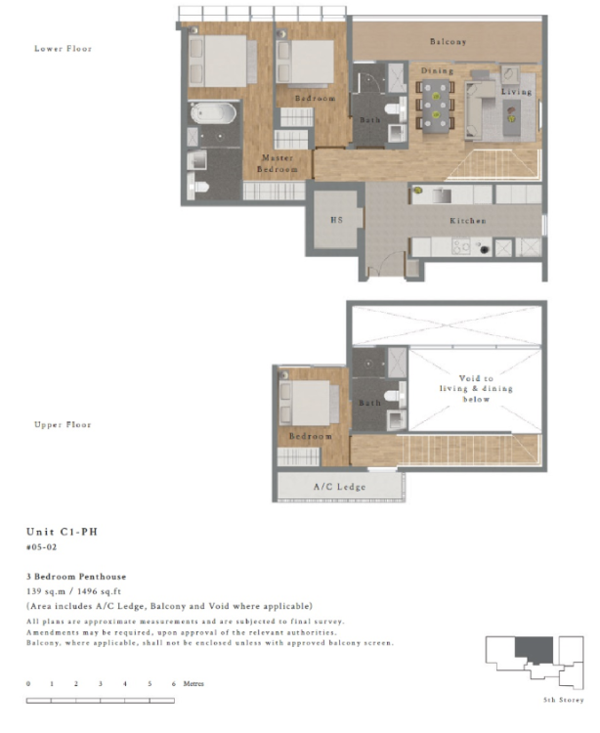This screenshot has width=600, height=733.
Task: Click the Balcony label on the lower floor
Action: pyautogui.click(x=448, y=42)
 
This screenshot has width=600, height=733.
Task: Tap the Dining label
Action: pyautogui.click(x=437, y=71)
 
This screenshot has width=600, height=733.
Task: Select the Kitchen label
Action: pyautogui.click(x=467, y=221)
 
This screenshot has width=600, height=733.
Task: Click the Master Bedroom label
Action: pyautogui.click(x=278, y=163)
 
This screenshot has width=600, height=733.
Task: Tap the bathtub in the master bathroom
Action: pyautogui.click(x=212, y=113)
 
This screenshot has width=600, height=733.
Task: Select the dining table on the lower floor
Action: pyautogui.click(x=436, y=103)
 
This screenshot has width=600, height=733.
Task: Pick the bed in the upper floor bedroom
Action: pyautogui.click(x=309, y=401)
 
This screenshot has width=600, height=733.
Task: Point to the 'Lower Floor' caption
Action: pyautogui.click(x=64, y=48)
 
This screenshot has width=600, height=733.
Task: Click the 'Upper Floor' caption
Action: pyautogui.click(x=64, y=425)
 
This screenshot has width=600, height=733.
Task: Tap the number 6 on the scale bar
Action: pyautogui.click(x=173, y=683)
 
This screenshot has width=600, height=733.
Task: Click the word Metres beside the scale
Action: pyautogui.click(x=193, y=683)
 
